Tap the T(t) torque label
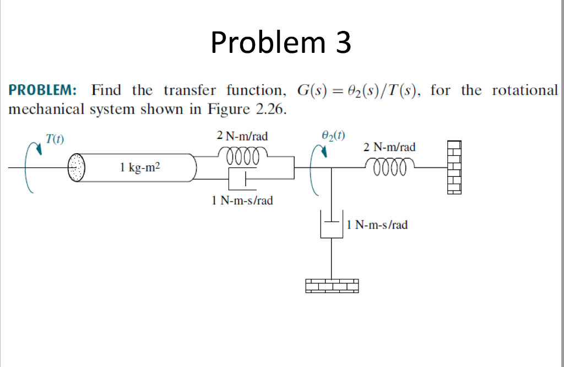click(x=54, y=139)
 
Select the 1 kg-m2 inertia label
click(x=139, y=167)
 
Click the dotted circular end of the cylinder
click(x=77, y=167)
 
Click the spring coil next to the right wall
click(x=390, y=166)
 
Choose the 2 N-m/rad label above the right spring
click(x=389, y=147)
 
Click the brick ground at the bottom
click(x=332, y=285)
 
